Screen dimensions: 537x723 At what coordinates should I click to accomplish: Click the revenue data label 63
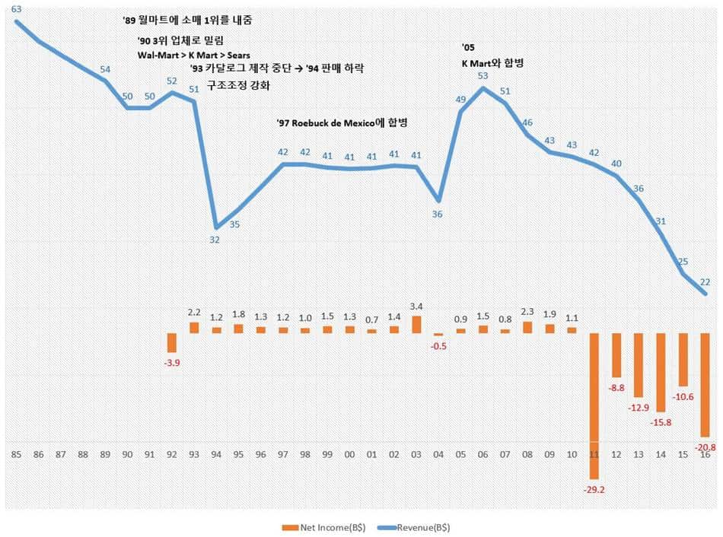(16, 8)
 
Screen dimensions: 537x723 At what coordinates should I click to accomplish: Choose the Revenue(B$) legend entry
(420, 526)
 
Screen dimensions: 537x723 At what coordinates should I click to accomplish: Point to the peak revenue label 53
(483, 75)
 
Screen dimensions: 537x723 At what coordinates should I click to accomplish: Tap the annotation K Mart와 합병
(492, 63)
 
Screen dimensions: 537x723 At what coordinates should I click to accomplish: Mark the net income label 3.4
(416, 307)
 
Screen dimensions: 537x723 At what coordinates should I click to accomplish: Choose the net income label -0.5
(438, 345)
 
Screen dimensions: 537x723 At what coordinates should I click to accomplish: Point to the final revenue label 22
(704, 281)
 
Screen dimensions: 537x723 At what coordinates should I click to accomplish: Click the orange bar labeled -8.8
(617, 355)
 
